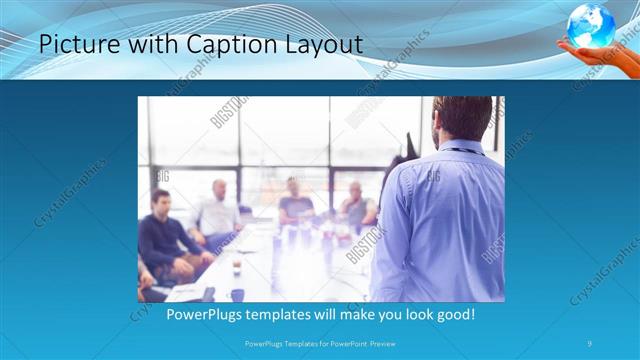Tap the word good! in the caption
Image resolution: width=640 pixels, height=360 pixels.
(x=454, y=315)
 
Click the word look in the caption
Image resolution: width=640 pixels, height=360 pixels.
(x=413, y=315)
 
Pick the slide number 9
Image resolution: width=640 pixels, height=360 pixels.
(x=590, y=344)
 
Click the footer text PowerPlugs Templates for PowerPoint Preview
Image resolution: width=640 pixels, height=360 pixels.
(x=319, y=344)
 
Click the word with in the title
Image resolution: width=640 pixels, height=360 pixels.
(x=134, y=45)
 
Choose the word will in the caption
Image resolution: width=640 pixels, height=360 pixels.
(x=330, y=315)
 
